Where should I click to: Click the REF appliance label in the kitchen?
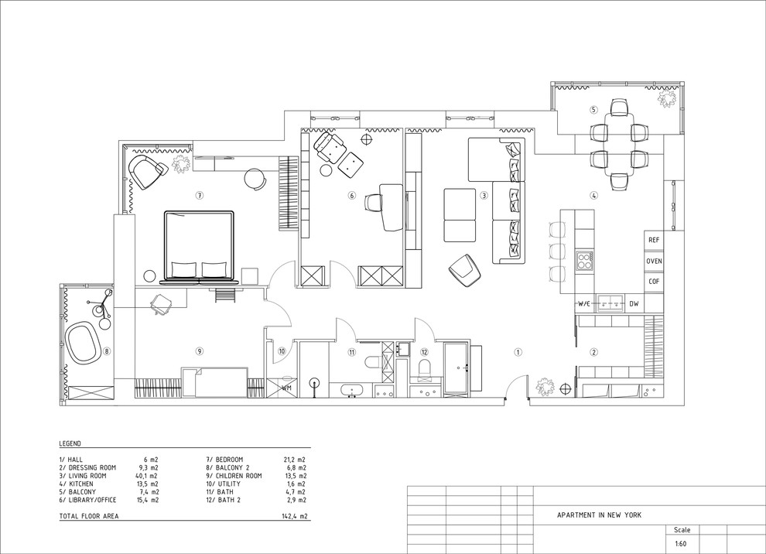(x=654, y=240)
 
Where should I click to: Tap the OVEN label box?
(x=654, y=261)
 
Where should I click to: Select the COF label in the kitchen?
(x=654, y=282)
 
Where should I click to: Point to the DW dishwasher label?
(x=634, y=304)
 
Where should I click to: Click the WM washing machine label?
(x=286, y=388)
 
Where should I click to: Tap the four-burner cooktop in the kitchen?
(x=584, y=261)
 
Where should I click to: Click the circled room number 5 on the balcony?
(x=593, y=110)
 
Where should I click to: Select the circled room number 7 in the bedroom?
(x=200, y=196)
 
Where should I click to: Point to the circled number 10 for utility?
(x=282, y=351)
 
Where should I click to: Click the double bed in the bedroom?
(x=200, y=247)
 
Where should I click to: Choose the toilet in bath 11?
(x=373, y=362)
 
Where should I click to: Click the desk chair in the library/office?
(x=374, y=203)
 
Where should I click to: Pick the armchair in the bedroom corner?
(x=148, y=172)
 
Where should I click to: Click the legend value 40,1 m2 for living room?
(x=146, y=476)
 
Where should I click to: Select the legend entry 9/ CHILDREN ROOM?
(x=234, y=476)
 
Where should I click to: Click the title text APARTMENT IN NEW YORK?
(x=600, y=515)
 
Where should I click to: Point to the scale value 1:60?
(x=681, y=543)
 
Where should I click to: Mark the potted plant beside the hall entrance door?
(x=545, y=385)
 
